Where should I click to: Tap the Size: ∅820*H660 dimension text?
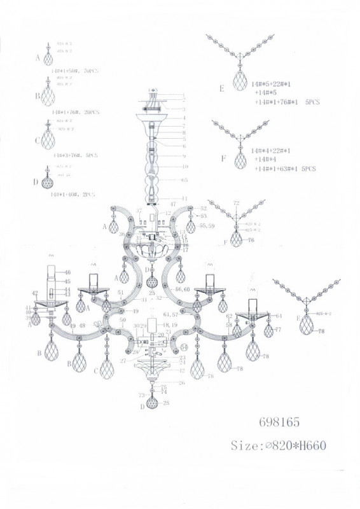click(279, 445)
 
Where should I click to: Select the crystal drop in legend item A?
click(48, 59)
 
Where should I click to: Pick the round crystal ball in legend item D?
click(48, 182)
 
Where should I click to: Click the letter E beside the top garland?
click(222, 89)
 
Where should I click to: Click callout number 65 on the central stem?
click(184, 181)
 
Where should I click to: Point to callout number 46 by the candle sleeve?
click(67, 272)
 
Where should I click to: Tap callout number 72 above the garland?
click(237, 203)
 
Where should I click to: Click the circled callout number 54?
click(184, 347)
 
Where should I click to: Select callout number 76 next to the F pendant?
click(250, 241)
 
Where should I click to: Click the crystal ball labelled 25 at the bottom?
click(152, 402)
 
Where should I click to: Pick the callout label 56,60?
click(183, 289)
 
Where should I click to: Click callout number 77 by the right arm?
click(277, 330)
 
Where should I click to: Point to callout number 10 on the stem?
click(184, 167)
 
